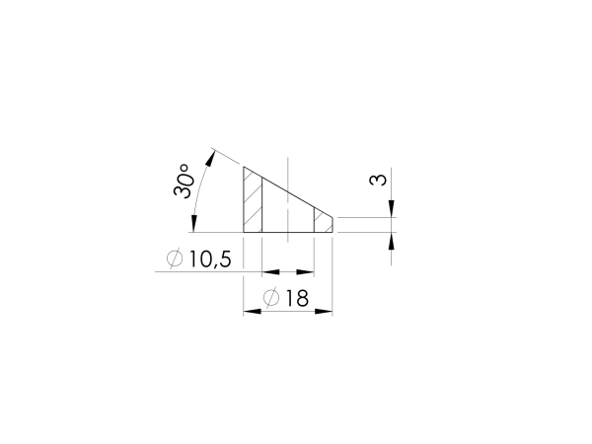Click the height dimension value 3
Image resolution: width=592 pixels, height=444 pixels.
[378, 180]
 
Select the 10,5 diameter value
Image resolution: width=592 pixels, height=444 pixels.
[209, 259]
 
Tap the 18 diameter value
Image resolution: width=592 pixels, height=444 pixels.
[297, 298]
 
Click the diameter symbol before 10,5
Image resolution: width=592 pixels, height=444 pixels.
[175, 259]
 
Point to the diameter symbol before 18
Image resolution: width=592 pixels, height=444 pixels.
[271, 298]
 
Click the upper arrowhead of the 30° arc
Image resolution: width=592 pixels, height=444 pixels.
[211, 158]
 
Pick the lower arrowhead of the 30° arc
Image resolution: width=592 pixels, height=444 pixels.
[193, 224]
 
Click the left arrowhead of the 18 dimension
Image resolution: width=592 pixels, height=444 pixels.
[253, 312]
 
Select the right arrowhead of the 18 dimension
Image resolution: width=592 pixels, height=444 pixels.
[324, 312]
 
